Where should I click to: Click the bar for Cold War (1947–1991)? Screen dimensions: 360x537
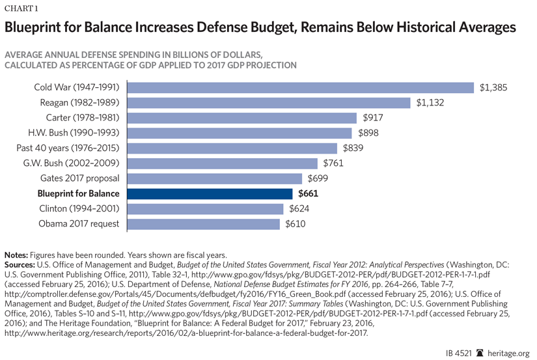(x=300, y=88)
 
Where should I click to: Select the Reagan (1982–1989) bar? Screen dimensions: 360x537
(x=269, y=103)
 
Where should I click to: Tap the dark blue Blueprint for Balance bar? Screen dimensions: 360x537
(x=210, y=193)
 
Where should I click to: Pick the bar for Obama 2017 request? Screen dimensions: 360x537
(x=205, y=224)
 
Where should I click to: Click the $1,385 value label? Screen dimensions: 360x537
(x=493, y=88)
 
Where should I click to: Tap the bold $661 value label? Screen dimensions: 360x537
(x=309, y=193)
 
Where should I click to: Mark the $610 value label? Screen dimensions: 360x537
(x=295, y=224)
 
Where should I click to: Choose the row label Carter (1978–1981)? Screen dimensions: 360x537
(x=82, y=118)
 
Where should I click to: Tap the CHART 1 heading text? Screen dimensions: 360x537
(x=22, y=8)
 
